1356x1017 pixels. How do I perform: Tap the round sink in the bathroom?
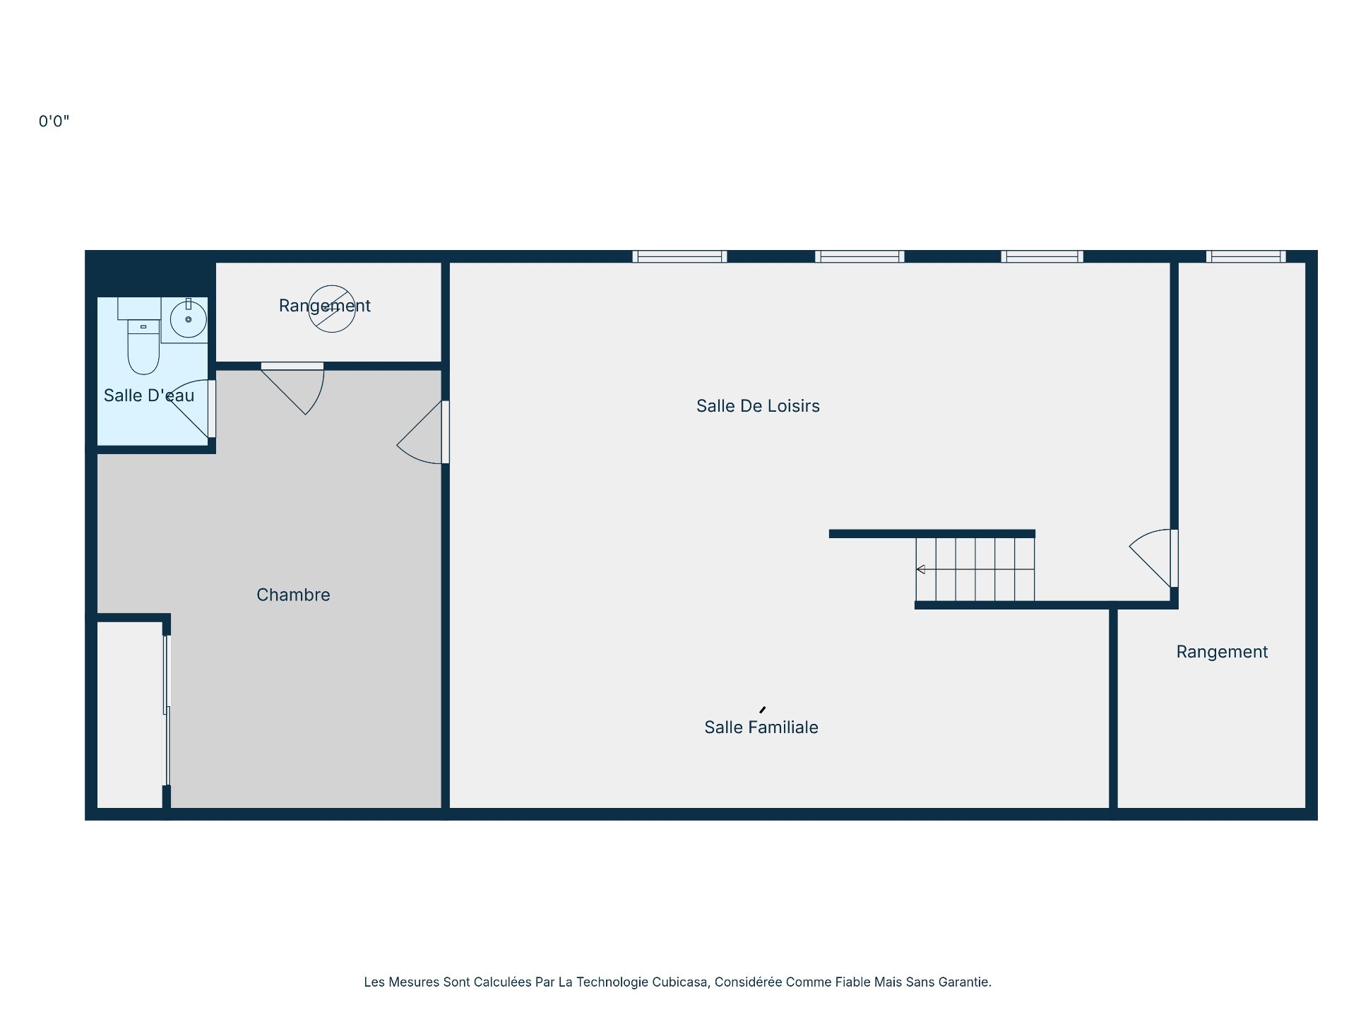pos(188,319)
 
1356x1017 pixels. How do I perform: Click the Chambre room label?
pos(293,595)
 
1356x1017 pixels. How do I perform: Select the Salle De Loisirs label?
pos(758,406)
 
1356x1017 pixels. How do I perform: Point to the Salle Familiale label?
pos(761,727)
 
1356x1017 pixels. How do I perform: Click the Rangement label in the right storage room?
pos(1221,652)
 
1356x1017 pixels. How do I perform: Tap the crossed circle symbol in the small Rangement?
pos(332,309)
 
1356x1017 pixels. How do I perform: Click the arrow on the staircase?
pos(921,569)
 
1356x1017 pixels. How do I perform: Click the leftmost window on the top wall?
pos(679,256)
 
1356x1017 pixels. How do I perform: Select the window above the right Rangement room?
pos(1245,256)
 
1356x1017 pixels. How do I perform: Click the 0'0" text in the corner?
pos(54,121)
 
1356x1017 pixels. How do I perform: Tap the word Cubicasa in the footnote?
pos(679,982)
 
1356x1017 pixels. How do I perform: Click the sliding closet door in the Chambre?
pos(167,710)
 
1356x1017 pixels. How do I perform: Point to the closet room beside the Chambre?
pos(130,713)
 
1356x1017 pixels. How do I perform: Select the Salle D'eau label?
pos(148,395)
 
